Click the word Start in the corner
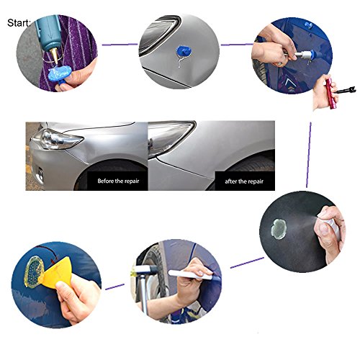pyautogui.click(x=19, y=23)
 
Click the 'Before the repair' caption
pyautogui.click(x=118, y=181)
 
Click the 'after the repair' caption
pyautogui.click(x=244, y=181)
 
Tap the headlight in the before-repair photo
pyautogui.click(x=60, y=139)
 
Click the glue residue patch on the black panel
pyautogui.click(x=279, y=228)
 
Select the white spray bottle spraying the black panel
pyautogui.click(x=330, y=228)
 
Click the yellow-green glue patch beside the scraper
pyautogui.click(x=35, y=271)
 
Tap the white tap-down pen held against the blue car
pyautogui.click(x=193, y=275)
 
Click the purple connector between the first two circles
pyautogui.click(x=120, y=45)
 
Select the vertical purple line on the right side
pyautogui.click(x=309, y=155)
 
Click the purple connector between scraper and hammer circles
pyautogui.click(x=114, y=287)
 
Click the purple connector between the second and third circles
pyautogui.click(x=237, y=45)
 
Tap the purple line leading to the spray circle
pyautogui.click(x=247, y=263)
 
